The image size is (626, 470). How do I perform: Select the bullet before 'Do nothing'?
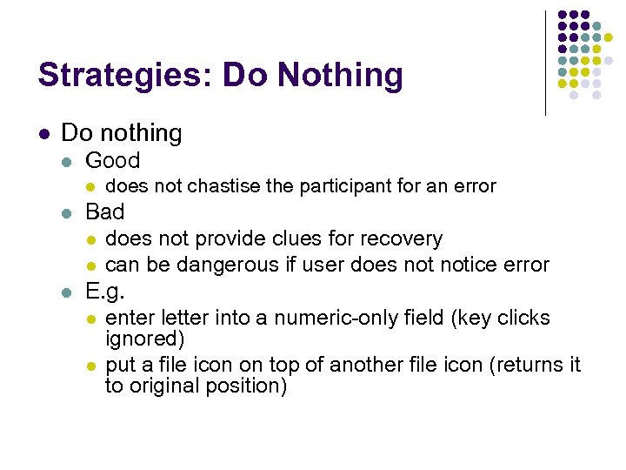(x=43, y=134)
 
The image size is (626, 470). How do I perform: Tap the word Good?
(x=112, y=160)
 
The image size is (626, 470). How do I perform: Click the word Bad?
(x=105, y=211)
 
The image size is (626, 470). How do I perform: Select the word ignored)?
(x=139, y=339)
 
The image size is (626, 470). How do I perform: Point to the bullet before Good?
(x=66, y=161)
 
